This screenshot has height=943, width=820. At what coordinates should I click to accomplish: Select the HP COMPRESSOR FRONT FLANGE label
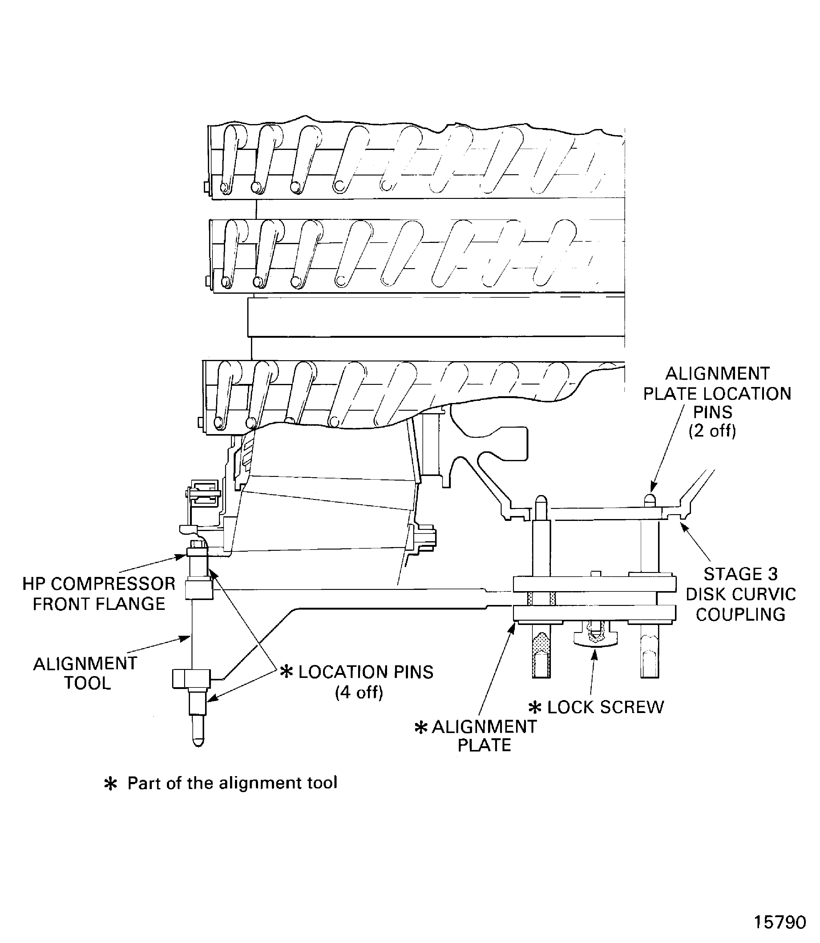(x=99, y=594)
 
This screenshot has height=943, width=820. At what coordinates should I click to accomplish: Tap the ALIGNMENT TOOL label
(x=86, y=673)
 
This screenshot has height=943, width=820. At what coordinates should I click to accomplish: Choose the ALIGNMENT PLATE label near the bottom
(x=484, y=736)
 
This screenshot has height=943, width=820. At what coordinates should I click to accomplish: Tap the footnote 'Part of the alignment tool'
(x=232, y=783)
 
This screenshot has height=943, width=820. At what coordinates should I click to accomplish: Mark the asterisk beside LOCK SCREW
(x=535, y=708)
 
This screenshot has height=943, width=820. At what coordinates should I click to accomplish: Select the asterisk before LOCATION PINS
(x=286, y=672)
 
